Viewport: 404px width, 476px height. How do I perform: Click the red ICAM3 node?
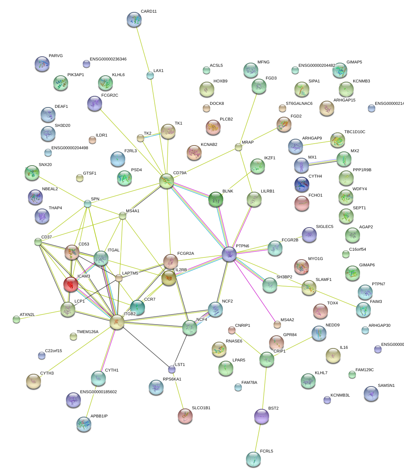(70, 284)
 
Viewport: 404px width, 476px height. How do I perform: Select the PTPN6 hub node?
(229, 254)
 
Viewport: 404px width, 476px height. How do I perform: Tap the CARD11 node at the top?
(134, 19)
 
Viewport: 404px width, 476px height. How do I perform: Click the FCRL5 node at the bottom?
(253, 459)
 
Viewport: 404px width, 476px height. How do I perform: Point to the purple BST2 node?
(261, 416)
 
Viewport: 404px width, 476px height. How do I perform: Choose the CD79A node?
(167, 181)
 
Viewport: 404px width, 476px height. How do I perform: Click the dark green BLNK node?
(216, 199)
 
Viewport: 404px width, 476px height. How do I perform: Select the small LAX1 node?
(150, 75)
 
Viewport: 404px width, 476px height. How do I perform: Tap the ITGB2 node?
(117, 322)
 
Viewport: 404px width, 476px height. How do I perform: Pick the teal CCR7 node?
(138, 307)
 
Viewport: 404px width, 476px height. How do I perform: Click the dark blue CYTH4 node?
(302, 184)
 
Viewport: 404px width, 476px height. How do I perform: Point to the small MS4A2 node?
(277, 325)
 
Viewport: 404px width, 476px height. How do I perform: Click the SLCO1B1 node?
(185, 416)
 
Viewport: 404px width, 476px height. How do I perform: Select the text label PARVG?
(56, 56)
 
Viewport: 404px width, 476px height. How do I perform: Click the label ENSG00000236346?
(108, 59)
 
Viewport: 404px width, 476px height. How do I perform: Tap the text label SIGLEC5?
(324, 227)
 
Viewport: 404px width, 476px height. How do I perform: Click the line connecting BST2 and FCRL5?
(258, 438)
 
